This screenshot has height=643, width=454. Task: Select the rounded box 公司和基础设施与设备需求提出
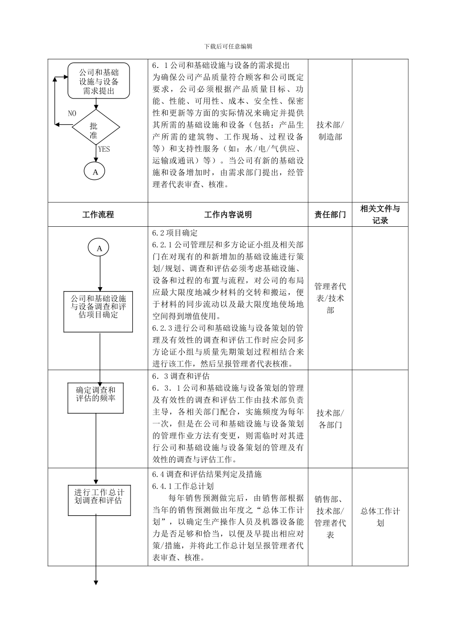click(x=98, y=81)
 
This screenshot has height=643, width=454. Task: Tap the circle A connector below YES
click(x=95, y=171)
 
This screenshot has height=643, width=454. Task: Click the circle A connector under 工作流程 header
click(x=99, y=248)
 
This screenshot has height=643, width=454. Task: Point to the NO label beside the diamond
click(x=72, y=113)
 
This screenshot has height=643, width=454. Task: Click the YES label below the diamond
click(x=104, y=149)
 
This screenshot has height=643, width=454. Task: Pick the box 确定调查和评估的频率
click(x=96, y=397)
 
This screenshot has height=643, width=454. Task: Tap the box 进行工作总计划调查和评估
click(x=99, y=499)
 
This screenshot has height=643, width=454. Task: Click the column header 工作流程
click(x=98, y=215)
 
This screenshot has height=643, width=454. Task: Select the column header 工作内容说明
click(x=228, y=215)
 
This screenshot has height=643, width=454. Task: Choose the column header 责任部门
click(x=330, y=215)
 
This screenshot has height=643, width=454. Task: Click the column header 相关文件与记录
click(x=380, y=214)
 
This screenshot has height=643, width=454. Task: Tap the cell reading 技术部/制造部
click(x=330, y=131)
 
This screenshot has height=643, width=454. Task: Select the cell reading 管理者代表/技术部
click(x=330, y=298)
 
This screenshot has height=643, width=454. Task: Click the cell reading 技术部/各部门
click(x=330, y=419)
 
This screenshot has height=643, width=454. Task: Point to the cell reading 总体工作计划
click(x=380, y=517)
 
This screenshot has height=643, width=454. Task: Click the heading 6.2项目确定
click(x=175, y=233)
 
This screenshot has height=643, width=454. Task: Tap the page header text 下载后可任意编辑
click(x=228, y=46)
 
